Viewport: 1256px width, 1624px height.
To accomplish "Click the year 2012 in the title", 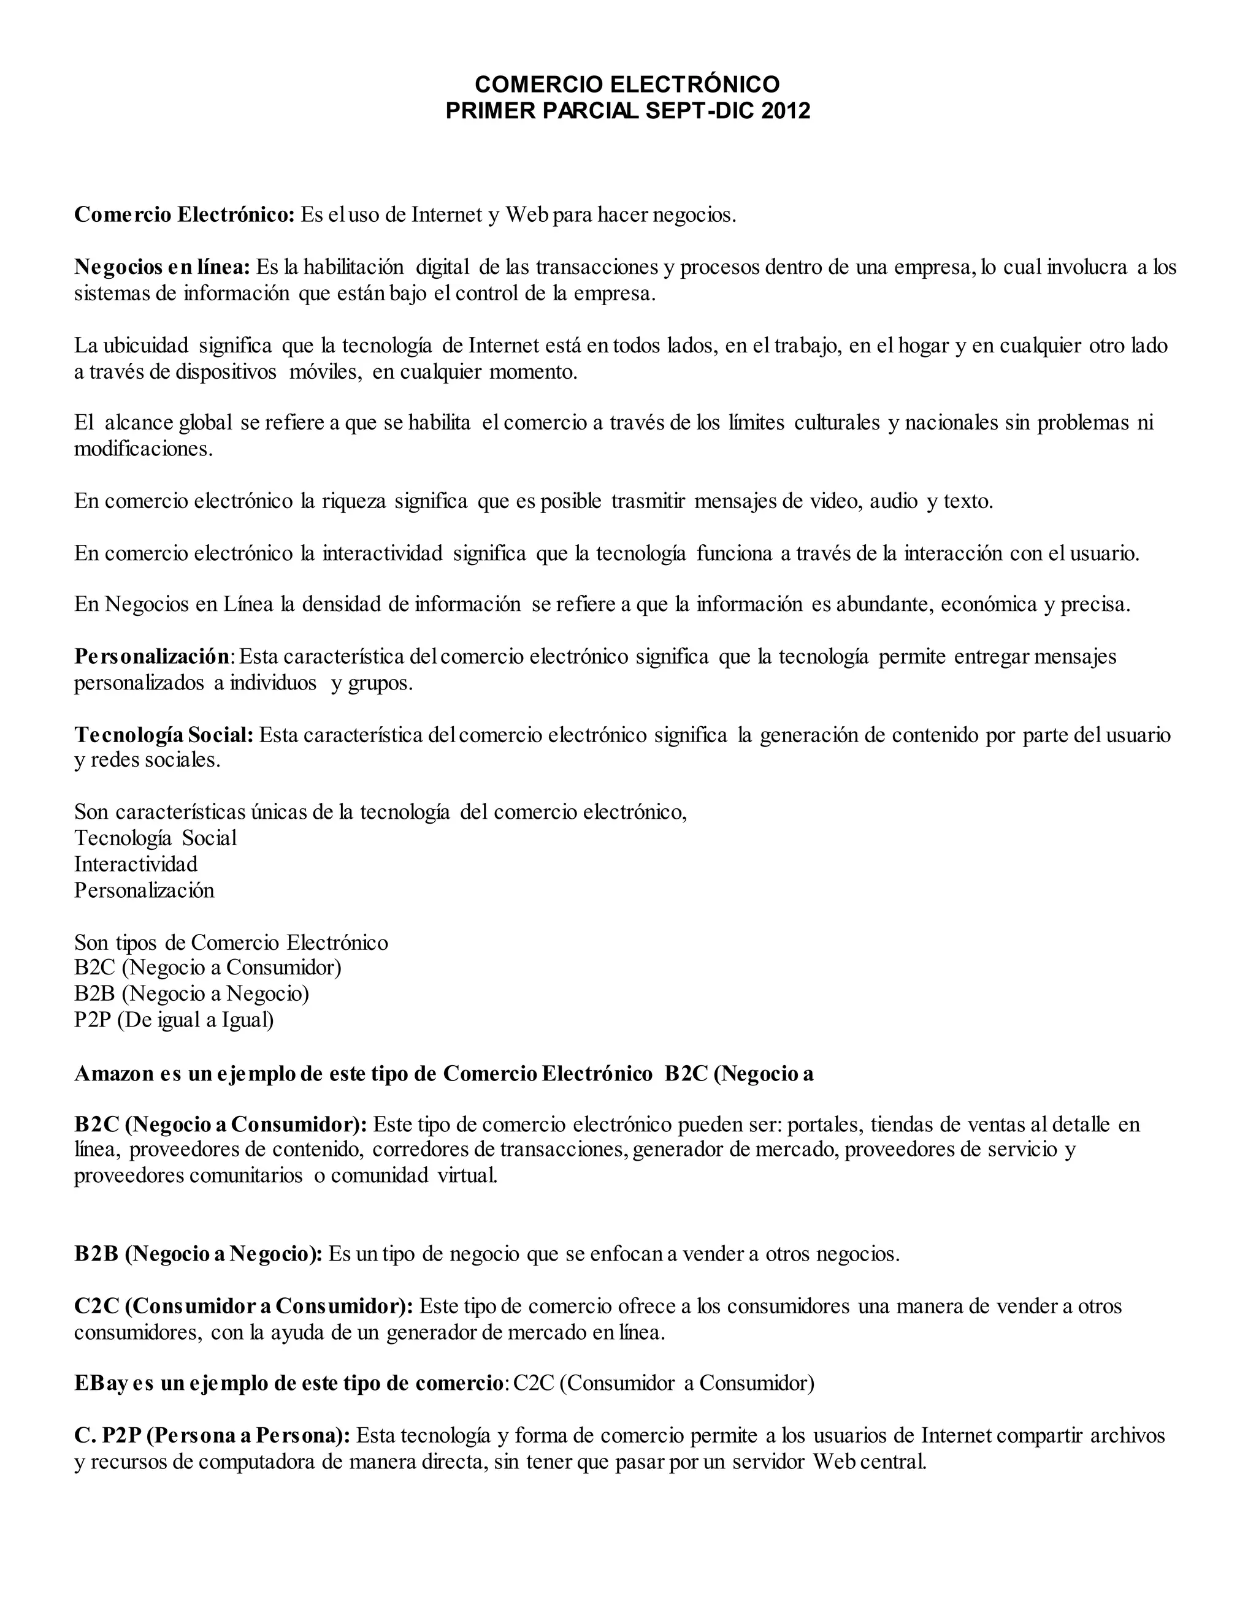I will point(786,111).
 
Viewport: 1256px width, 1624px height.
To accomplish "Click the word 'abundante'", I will point(883,604).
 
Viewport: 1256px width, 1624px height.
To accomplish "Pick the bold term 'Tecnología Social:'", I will point(164,735).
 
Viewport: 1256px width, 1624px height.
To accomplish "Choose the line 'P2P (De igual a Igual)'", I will point(174,1020).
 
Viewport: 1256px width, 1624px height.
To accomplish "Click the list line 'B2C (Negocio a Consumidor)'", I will point(208,968).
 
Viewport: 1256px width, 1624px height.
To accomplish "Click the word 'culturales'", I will point(837,423).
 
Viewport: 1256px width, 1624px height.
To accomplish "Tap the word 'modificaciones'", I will point(143,449).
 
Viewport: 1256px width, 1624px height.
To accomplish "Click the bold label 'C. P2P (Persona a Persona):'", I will point(212,1435).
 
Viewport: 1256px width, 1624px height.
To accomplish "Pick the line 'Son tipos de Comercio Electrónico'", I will point(231,942).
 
